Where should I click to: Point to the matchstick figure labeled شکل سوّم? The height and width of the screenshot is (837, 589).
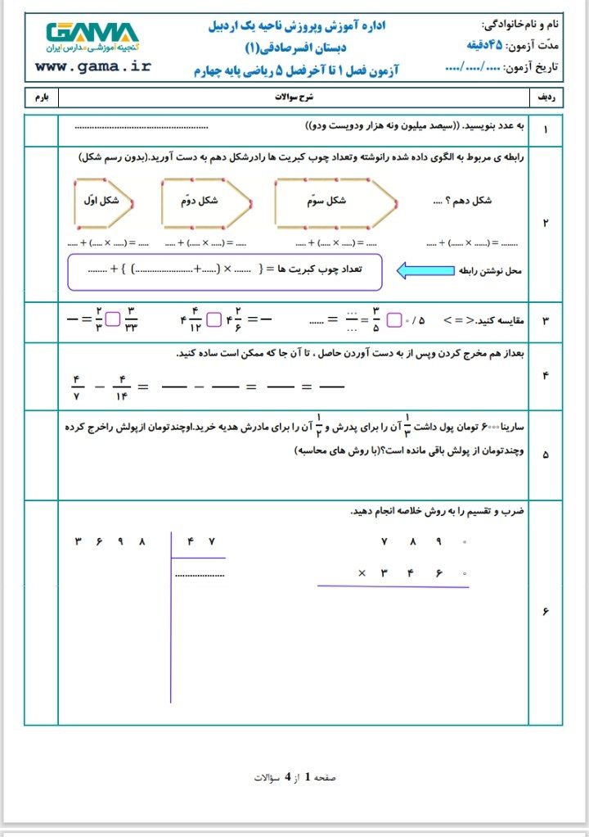coord(335,201)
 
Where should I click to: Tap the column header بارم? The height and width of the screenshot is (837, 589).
coord(41,97)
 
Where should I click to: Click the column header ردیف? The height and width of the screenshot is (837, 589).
coord(546,97)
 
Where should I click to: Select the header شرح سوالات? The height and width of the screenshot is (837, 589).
coord(293,97)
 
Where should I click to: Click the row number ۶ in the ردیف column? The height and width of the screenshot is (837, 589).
coord(546,612)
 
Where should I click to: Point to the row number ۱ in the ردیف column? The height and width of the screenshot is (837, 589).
coord(546,129)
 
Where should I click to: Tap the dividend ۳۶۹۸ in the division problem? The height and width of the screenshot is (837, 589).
coord(111,541)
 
